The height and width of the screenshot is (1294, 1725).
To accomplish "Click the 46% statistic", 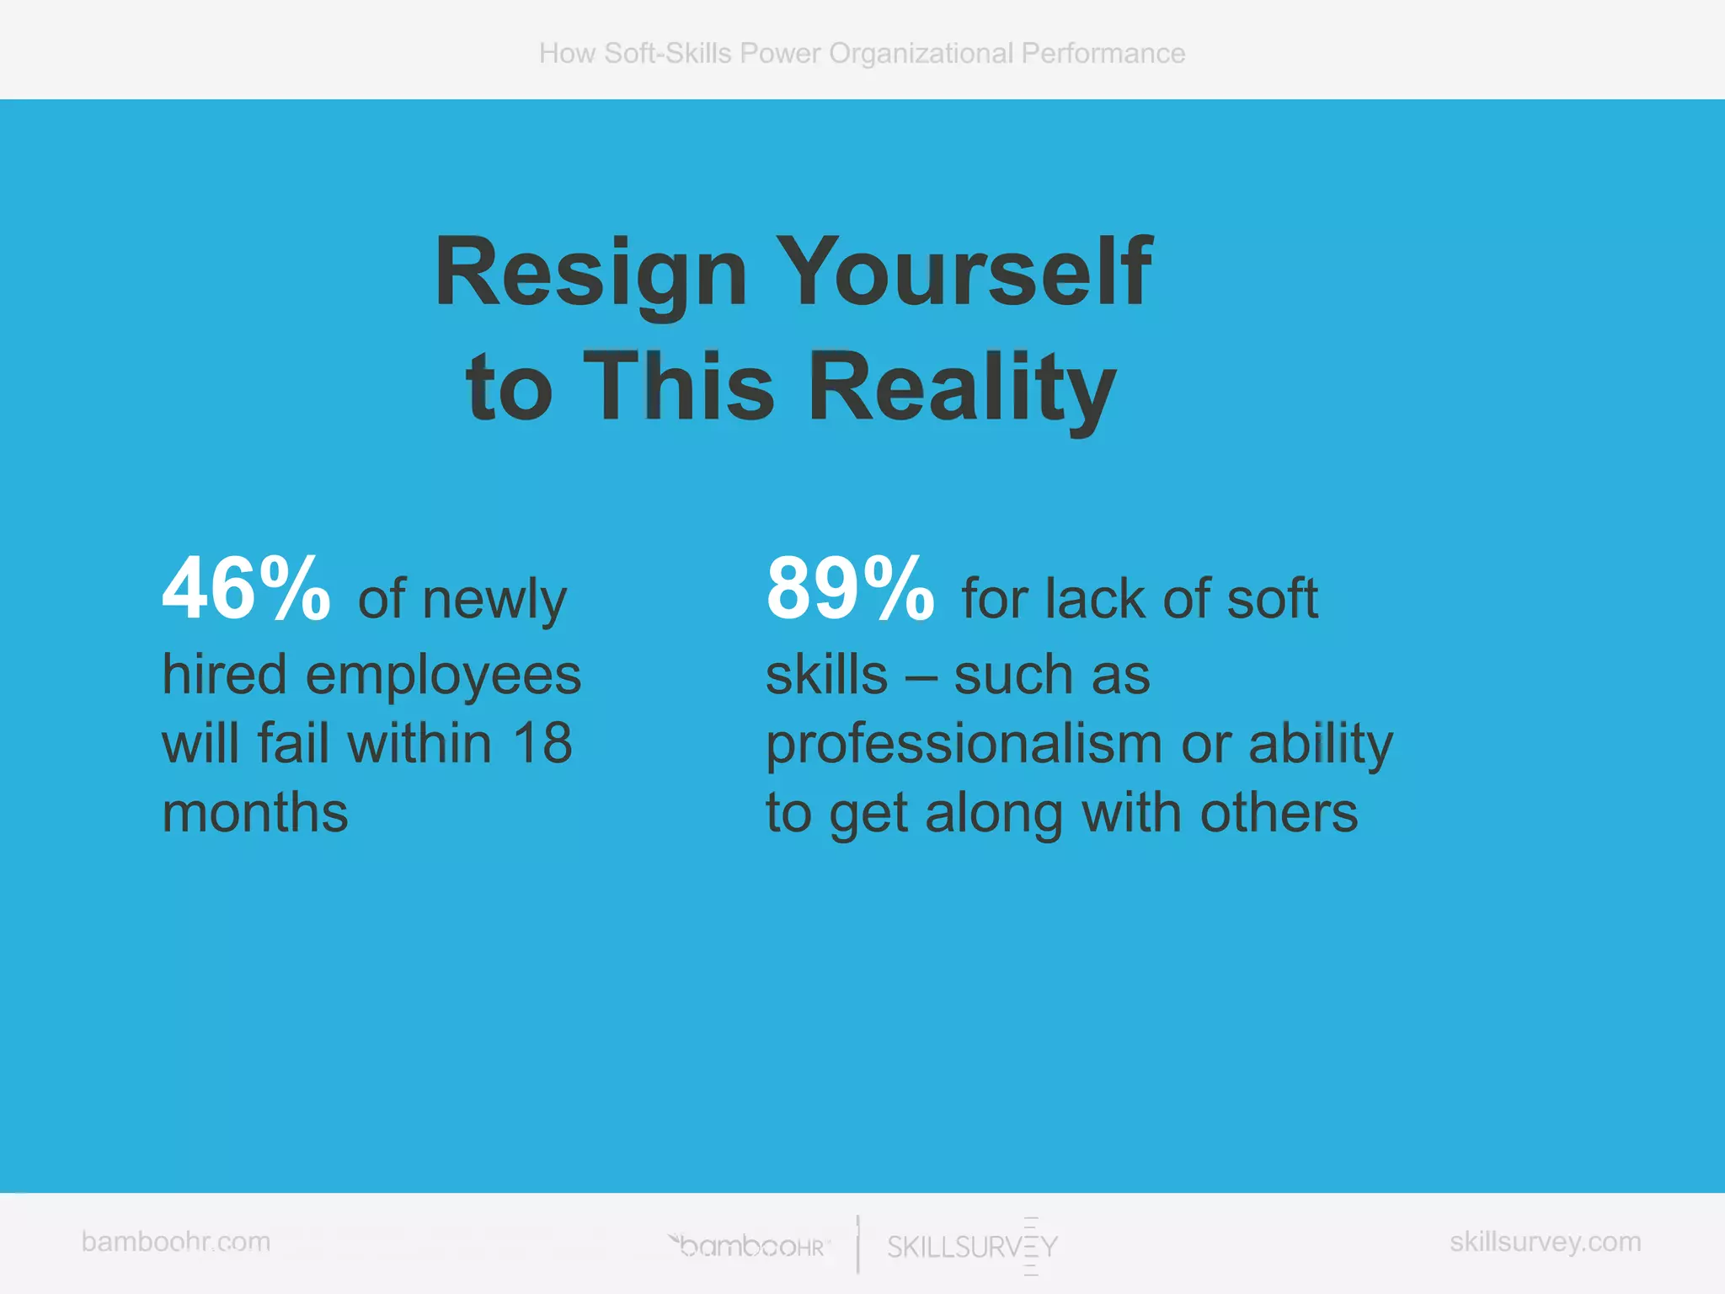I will point(246,589).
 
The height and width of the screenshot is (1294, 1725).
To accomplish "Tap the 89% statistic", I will point(849,589).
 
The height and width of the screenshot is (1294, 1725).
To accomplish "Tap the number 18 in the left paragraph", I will point(542,744).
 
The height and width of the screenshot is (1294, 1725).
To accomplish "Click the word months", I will point(255,813).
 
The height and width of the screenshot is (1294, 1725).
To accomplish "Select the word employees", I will point(443,676).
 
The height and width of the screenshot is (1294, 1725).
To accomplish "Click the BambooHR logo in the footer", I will point(750,1246).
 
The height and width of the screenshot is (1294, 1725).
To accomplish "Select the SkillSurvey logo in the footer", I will point(972,1246).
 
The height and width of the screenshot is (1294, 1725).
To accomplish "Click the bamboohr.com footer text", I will point(176,1241).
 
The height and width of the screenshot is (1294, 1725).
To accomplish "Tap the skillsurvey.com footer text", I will point(1545,1241).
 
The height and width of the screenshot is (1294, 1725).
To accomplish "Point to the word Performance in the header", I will point(1103,53).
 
